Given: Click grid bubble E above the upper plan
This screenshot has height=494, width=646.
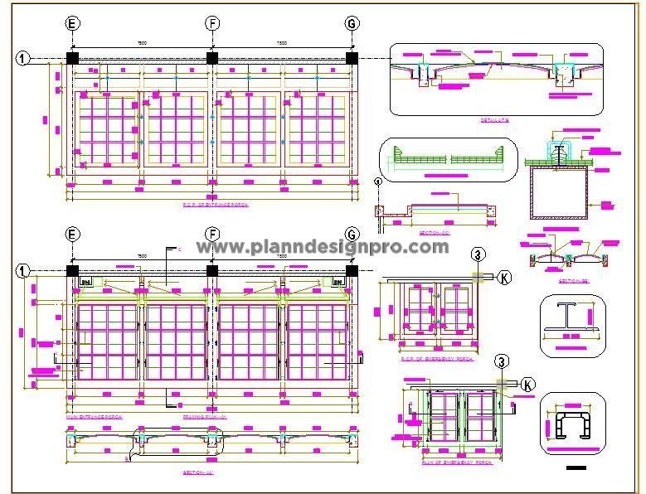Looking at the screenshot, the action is pos(72,23).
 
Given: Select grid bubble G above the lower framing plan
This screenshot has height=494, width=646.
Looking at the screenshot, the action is pos(352,235).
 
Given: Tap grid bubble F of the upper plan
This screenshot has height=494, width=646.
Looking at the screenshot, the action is pos(212,23).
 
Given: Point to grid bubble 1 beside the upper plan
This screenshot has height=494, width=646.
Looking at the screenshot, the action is pos(22,58).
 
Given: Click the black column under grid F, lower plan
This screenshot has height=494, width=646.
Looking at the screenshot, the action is pos(212,270).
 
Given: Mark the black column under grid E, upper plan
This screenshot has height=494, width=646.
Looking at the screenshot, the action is pos(72,57).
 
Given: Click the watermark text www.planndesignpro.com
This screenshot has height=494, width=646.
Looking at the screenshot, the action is pos(323,246).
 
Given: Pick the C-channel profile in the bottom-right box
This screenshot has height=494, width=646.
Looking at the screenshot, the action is pos(571,423).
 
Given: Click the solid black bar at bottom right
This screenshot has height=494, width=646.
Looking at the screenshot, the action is pos(574,469).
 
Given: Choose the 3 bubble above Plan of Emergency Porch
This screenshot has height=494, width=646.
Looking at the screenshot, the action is pos(501,361).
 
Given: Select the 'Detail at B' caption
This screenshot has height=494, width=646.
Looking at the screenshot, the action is pos(495,120).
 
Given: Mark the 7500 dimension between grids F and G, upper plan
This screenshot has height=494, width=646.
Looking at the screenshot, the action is pos(282,43).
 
